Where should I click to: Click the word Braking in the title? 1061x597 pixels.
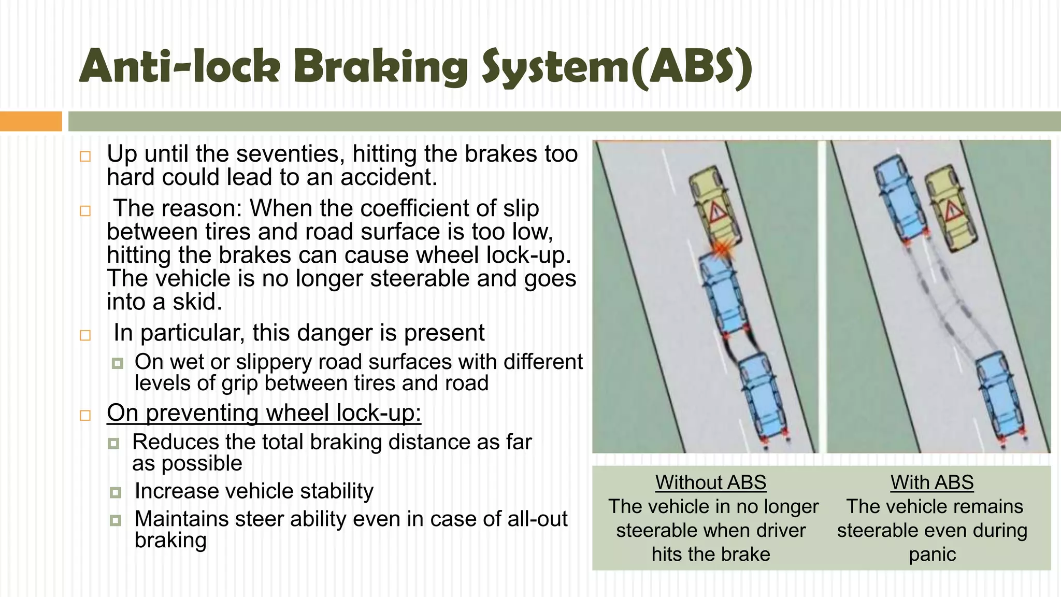[381, 67]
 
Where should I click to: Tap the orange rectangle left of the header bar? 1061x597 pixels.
[31, 121]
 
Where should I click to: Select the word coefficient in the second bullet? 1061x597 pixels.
[412, 209]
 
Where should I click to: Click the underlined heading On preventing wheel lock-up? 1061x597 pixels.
[264, 414]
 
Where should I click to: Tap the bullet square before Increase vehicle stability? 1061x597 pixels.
[116, 492]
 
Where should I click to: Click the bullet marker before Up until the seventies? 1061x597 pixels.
[85, 157]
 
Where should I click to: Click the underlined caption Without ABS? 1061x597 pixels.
[710, 482]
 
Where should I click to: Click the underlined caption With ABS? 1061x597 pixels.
[932, 482]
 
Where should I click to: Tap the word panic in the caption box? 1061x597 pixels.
[932, 555]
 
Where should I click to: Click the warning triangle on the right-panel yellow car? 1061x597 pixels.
[952, 211]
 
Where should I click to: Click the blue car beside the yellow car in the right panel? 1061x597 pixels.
[899, 200]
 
